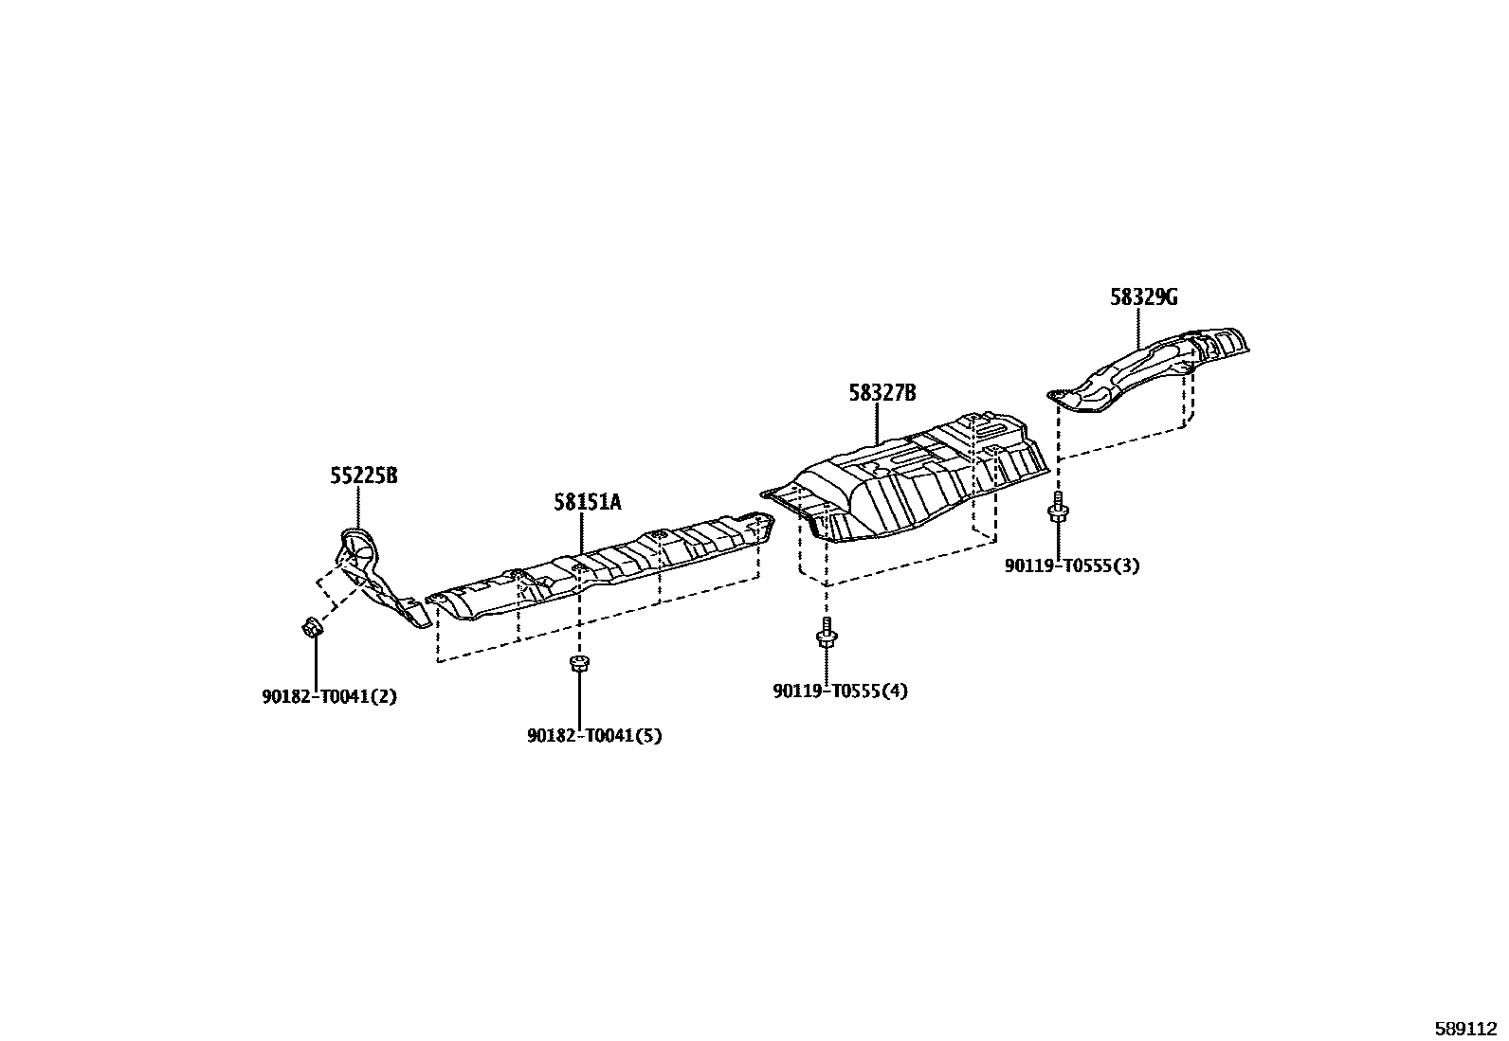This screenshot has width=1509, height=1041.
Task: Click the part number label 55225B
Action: click(363, 476)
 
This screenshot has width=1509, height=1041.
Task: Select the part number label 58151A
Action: click(588, 502)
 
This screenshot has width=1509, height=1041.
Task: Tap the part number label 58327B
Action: click(882, 393)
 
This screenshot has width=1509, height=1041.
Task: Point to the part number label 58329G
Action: click(1144, 297)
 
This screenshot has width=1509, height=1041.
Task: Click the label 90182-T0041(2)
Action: click(329, 697)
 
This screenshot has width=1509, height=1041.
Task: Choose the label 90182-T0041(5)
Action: click(594, 735)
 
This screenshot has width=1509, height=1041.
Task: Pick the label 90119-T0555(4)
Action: click(840, 691)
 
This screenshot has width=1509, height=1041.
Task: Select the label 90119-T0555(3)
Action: click(1072, 566)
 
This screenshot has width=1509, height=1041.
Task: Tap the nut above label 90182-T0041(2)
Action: click(311, 626)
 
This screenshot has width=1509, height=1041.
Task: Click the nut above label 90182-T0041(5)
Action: click(577, 663)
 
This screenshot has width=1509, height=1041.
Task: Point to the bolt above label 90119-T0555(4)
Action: click(827, 633)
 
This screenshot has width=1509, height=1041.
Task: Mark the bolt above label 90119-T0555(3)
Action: click(1058, 509)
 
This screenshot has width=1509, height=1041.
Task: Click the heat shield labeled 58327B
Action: click(910, 483)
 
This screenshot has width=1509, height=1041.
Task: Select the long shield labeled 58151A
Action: click(607, 568)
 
